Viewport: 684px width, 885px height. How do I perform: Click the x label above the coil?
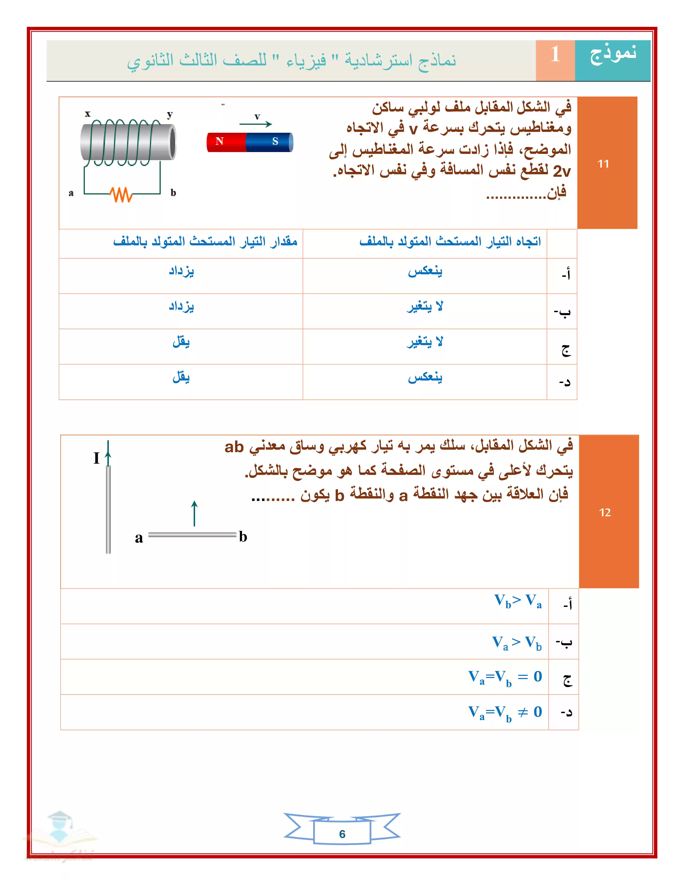[87, 114]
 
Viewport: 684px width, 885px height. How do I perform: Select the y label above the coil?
[170, 115]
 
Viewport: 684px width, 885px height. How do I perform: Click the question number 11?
[603, 164]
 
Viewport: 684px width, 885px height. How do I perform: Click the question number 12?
[605, 512]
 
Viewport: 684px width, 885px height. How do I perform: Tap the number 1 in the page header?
[555, 54]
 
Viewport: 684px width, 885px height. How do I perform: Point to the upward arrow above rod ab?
[194, 512]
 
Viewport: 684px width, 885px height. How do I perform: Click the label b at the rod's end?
[243, 537]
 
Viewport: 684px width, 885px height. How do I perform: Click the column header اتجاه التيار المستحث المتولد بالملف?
[450, 242]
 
